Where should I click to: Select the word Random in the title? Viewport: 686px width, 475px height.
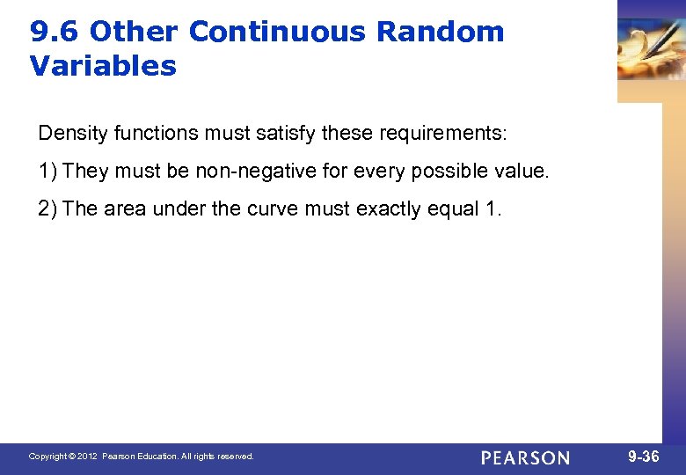point(441,33)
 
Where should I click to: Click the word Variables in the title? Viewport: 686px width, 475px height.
point(103,66)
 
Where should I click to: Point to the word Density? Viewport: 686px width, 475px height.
point(68,134)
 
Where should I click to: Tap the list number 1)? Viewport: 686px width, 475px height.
point(48,171)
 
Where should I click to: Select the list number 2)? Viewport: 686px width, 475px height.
point(48,208)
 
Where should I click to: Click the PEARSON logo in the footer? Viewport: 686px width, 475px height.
point(525,457)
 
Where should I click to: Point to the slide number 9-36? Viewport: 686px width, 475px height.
point(644,457)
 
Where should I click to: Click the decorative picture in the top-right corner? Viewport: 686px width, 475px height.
point(651,48)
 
